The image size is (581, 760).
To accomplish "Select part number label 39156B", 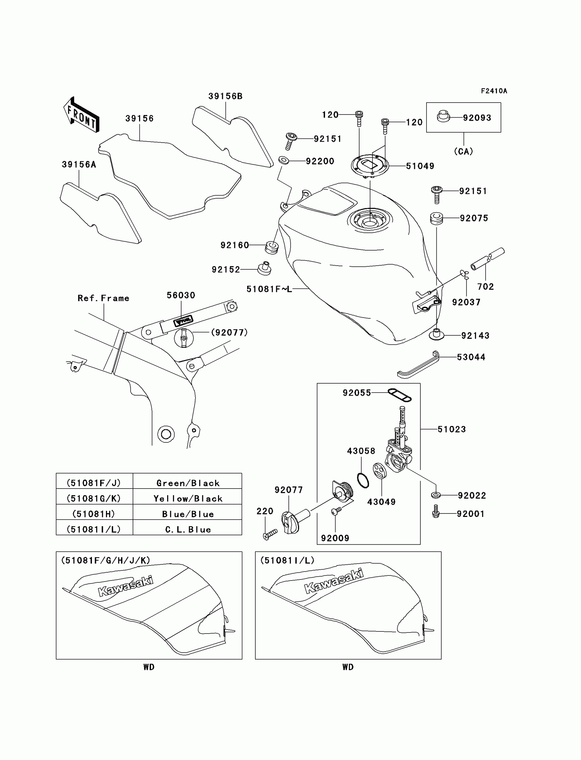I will [225, 96].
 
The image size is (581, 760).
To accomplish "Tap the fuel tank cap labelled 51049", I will [370, 166].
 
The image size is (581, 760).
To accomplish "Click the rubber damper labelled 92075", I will [436, 218].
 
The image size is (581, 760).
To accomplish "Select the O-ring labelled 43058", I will [363, 481].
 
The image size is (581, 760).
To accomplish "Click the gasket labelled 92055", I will [400, 395].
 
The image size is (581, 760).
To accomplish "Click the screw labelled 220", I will [270, 534].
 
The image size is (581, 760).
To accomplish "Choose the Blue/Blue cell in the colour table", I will [188, 514].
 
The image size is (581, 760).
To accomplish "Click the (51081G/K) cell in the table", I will [94, 498].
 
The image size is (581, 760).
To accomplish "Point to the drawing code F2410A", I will [494, 91].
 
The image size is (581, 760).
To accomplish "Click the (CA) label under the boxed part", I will [463, 151].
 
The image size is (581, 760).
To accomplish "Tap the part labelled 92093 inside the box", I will [443, 116].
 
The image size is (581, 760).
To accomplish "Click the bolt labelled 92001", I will [436, 513].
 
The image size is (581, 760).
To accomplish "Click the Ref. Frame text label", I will [103, 298].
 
